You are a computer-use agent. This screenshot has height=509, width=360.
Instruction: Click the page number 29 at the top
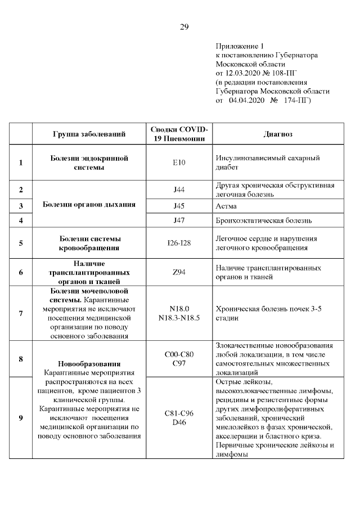pos(184,27)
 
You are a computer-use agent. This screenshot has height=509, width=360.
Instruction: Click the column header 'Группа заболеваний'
pos(89,134)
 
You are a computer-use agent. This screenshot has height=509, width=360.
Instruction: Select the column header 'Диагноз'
pos(278,134)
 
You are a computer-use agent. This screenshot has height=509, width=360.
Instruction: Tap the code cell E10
pos(179,163)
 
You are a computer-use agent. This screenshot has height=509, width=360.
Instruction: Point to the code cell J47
pos(179,220)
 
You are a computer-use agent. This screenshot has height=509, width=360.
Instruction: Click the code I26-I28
pos(179,243)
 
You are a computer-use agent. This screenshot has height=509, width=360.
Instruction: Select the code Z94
pos(179,272)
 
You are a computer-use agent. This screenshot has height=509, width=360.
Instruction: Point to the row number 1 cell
pos(21,163)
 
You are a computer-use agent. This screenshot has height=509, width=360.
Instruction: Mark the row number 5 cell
pos(21,243)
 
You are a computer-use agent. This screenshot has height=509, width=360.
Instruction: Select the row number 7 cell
pos(21,313)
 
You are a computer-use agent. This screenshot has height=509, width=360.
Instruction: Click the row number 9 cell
pos(21,417)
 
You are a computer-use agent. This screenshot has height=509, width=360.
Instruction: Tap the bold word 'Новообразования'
pos(89,363)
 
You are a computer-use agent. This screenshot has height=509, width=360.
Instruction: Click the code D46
pos(179,422)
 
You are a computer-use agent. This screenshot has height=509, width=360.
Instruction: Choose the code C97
pos(179,363)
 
